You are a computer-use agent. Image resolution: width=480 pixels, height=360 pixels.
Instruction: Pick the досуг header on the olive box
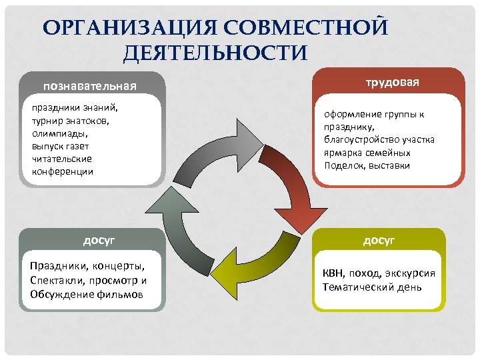(x=379, y=239)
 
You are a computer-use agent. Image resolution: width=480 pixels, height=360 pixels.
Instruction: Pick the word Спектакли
(x=56, y=280)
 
